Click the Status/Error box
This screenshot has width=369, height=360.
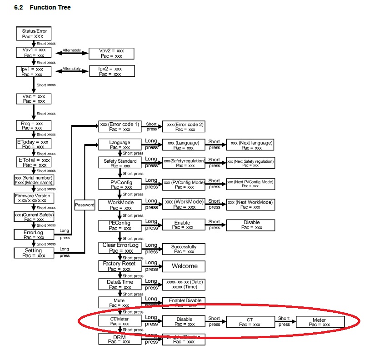pos(34,34)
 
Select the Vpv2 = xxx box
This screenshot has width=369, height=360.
pos(111,54)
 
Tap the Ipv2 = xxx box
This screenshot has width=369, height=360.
pos(111,71)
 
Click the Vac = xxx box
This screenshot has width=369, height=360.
pos(34,99)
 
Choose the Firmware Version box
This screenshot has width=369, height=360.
pos(34,198)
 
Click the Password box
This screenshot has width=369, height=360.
pos(85,205)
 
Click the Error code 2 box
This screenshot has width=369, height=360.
pos(185,126)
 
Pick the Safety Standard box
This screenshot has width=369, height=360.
pos(120,163)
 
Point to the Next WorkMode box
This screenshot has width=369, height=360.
pos(250,205)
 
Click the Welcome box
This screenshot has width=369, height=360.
pos(184,266)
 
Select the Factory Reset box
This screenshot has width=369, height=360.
pos(120,266)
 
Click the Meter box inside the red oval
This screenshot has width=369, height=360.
pos(319,322)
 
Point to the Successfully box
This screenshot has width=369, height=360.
pos(184,249)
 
